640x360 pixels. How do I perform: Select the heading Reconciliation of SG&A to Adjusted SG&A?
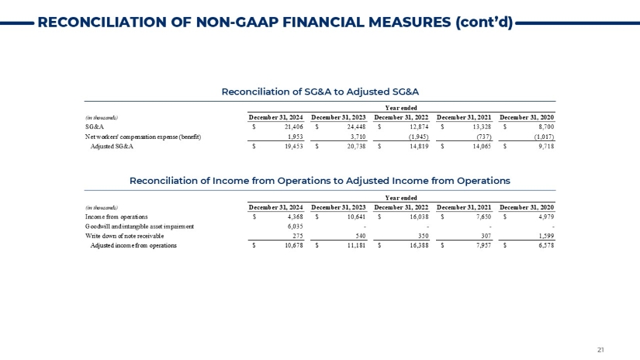coord(320,92)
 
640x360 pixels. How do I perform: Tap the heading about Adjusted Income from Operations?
coord(320,180)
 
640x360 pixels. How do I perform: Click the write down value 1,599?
coord(545,236)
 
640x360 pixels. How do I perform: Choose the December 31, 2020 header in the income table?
coord(529,207)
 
